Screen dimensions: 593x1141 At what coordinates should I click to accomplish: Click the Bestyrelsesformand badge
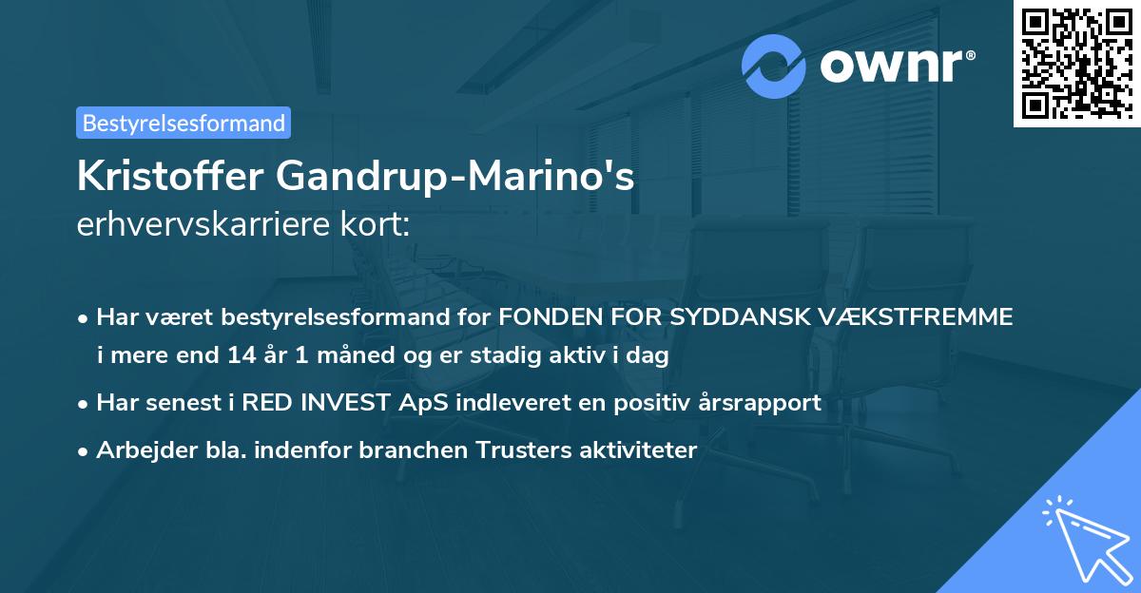click(184, 123)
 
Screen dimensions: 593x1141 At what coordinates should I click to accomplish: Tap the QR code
click(1075, 64)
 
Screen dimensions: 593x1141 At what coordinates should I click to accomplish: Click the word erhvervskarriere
click(207, 226)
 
